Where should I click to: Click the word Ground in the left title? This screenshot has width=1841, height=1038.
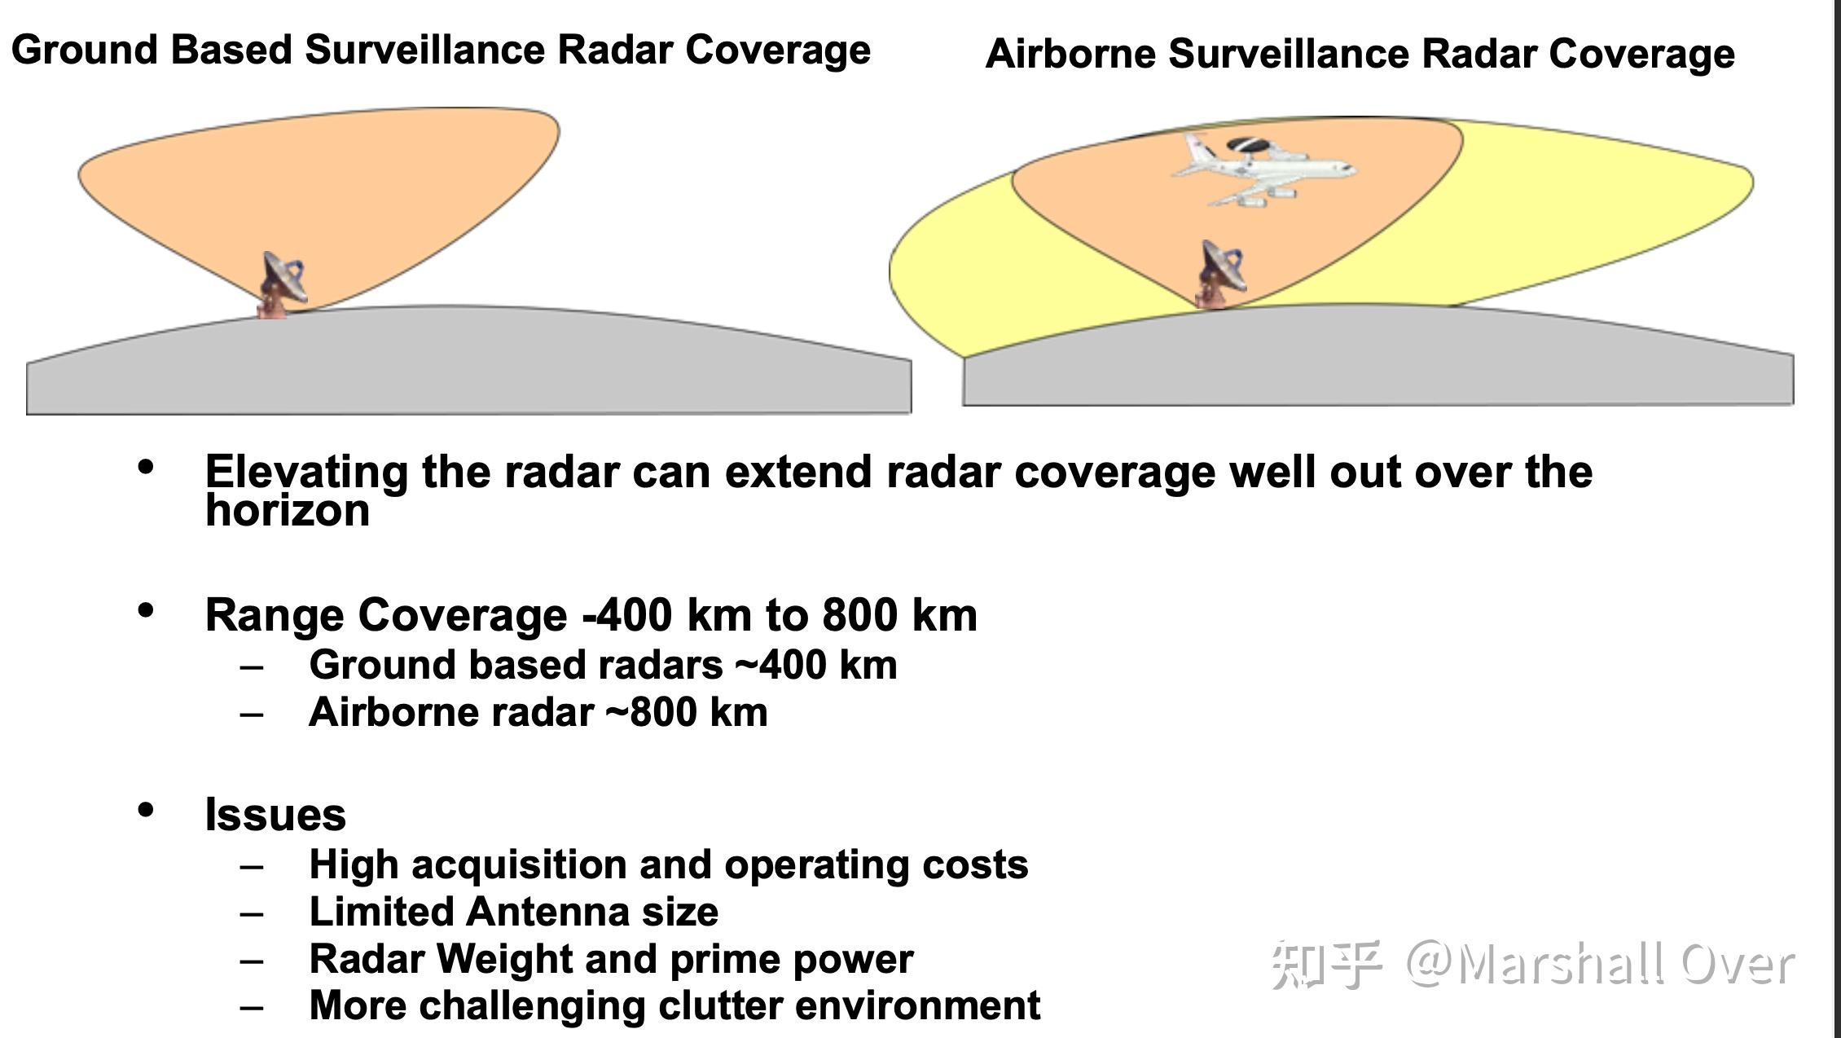85,50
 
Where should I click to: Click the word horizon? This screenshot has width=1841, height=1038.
287,511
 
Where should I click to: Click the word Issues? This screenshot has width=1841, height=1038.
275,815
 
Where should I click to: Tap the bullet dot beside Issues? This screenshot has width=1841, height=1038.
146,810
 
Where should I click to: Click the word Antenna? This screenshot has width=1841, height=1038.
547,913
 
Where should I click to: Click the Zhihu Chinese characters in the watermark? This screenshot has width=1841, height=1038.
1325,965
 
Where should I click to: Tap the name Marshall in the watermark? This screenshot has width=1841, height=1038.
1560,965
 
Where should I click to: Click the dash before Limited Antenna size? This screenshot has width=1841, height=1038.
252,913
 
